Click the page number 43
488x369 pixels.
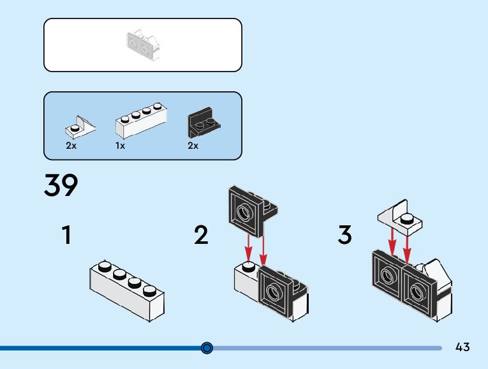[x=462, y=347]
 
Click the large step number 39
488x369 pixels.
[x=61, y=186]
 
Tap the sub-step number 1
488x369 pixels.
[x=66, y=236]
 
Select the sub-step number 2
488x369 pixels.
[x=201, y=236]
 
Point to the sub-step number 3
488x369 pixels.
[x=344, y=236]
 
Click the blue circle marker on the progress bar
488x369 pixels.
[x=207, y=348]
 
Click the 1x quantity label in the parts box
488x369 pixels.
[x=120, y=146]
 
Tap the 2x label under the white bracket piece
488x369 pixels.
[x=71, y=146]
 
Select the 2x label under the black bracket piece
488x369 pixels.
[x=193, y=146]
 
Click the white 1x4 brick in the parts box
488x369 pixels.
[x=142, y=122]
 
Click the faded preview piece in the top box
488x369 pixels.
[x=142, y=45]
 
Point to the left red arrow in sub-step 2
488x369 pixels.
[x=249, y=246]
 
